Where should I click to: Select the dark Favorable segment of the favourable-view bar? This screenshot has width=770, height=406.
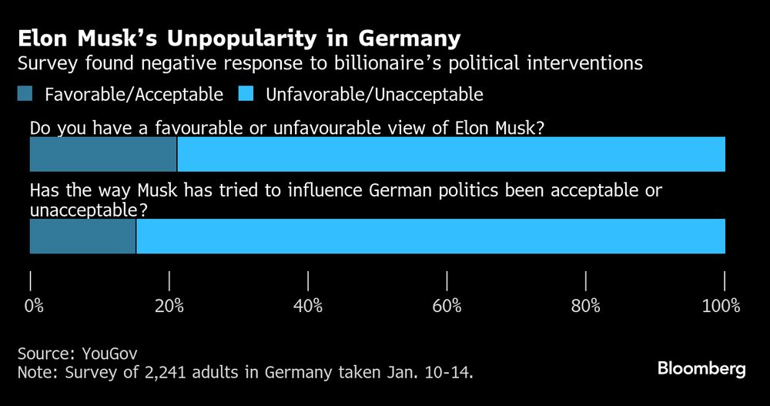[x=103, y=154]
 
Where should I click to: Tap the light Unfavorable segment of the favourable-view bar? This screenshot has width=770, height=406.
[x=451, y=154]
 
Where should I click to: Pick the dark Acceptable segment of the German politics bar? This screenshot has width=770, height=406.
[x=82, y=236]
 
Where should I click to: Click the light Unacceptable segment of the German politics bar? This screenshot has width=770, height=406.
[x=430, y=236]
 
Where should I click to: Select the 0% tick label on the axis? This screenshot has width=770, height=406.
[x=33, y=306]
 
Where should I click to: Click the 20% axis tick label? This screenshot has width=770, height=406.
[x=169, y=306]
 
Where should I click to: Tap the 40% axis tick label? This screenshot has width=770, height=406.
[x=308, y=306]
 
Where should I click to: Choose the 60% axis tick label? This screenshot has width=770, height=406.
[x=447, y=306]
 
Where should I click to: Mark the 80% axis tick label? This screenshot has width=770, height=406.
[x=586, y=306]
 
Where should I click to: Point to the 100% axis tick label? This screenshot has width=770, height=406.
[x=721, y=306]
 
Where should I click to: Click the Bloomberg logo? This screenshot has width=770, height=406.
[x=701, y=369]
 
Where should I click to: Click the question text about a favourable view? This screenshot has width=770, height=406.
[x=287, y=129]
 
